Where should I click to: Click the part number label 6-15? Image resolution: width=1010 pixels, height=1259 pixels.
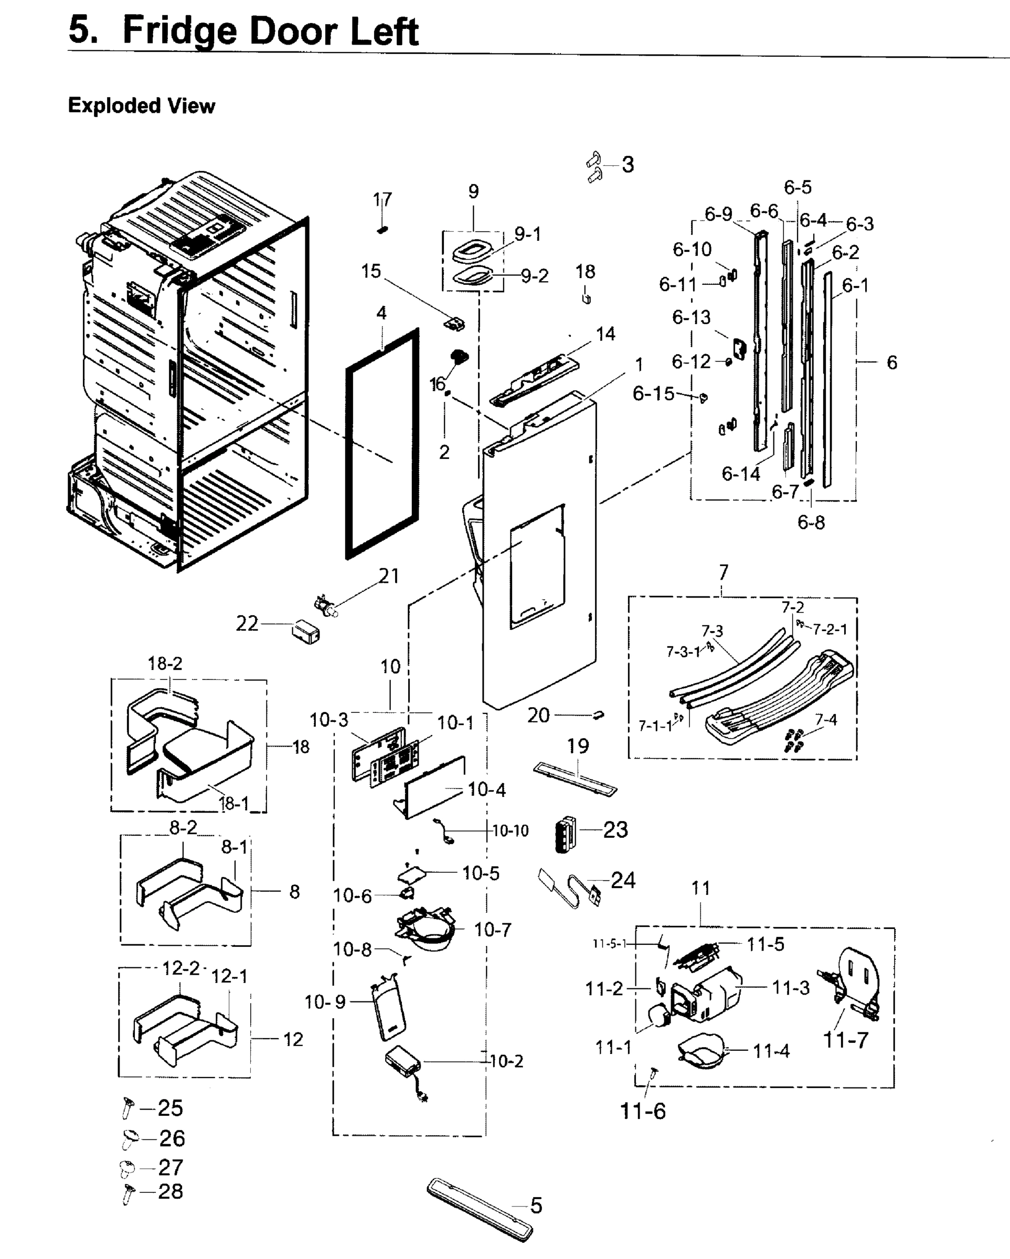coord(653,393)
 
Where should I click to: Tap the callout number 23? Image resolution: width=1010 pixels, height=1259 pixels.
coord(615,829)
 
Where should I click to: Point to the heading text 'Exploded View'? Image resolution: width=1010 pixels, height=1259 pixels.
coord(141,105)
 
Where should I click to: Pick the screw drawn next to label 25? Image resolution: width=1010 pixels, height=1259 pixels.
coord(128,1107)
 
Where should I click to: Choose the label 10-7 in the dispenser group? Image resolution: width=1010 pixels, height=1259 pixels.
coord(493,930)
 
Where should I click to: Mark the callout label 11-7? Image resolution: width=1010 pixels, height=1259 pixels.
coord(845,1040)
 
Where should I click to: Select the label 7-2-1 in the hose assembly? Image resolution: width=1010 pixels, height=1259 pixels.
coord(830,629)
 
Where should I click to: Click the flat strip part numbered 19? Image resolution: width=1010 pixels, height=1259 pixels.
coord(575,778)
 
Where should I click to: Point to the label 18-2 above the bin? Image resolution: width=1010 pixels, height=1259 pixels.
coord(165,664)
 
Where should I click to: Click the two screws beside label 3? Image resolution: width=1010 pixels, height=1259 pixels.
coord(594,167)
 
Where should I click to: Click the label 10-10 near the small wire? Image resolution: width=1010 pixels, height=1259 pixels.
coord(510,830)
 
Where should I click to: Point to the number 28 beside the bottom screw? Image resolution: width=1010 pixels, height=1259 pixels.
coord(171,1191)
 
